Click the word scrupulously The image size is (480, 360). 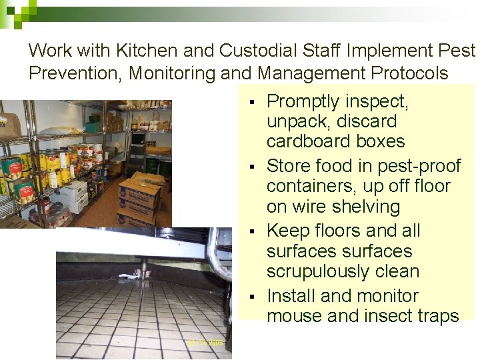(x=322, y=272)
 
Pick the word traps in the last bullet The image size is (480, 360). (x=436, y=316)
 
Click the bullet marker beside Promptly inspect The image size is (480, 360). (x=251, y=103)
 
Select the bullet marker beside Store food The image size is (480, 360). (x=251, y=166)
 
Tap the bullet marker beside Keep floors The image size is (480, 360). (x=251, y=231)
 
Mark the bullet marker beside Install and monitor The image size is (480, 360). (x=251, y=297)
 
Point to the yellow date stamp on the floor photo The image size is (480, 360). (x=205, y=342)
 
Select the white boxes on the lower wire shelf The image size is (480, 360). (x=73, y=197)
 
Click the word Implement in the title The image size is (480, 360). (x=385, y=51)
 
